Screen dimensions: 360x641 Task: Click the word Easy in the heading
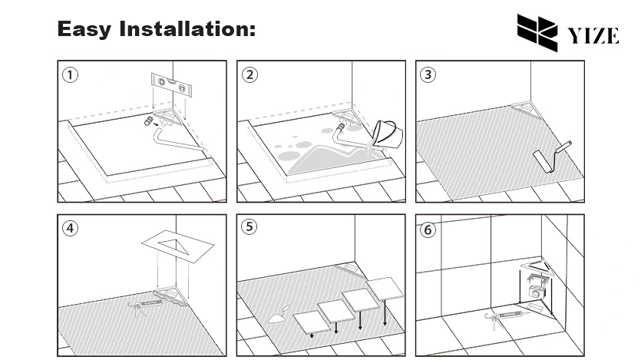[x=84, y=30]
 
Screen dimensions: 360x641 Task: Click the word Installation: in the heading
[x=186, y=30]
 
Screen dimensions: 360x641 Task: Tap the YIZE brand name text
[x=593, y=35]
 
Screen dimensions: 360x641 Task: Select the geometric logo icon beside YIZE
[x=538, y=32]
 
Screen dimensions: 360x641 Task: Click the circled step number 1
[x=71, y=74]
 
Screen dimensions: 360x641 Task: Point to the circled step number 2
[x=249, y=74]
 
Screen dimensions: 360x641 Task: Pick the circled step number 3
[x=428, y=74]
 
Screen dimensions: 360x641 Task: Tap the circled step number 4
[x=71, y=228]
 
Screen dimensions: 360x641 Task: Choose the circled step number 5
[x=249, y=227]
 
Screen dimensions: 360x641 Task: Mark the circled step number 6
[x=428, y=229]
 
